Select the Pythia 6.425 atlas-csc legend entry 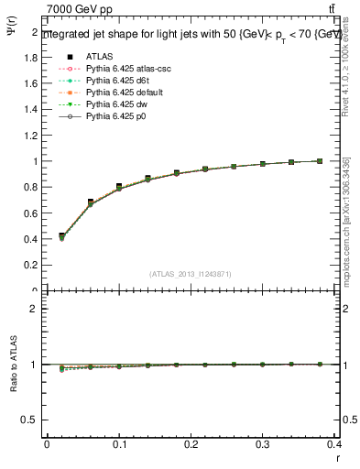(x=123, y=68)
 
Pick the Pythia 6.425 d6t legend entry (x=115, y=81)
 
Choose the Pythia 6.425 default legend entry (x=120, y=93)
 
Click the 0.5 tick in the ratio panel (x=30, y=420)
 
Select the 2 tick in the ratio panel (x=33, y=309)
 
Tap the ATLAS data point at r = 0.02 (x=61, y=235)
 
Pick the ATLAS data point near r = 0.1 (x=119, y=187)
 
